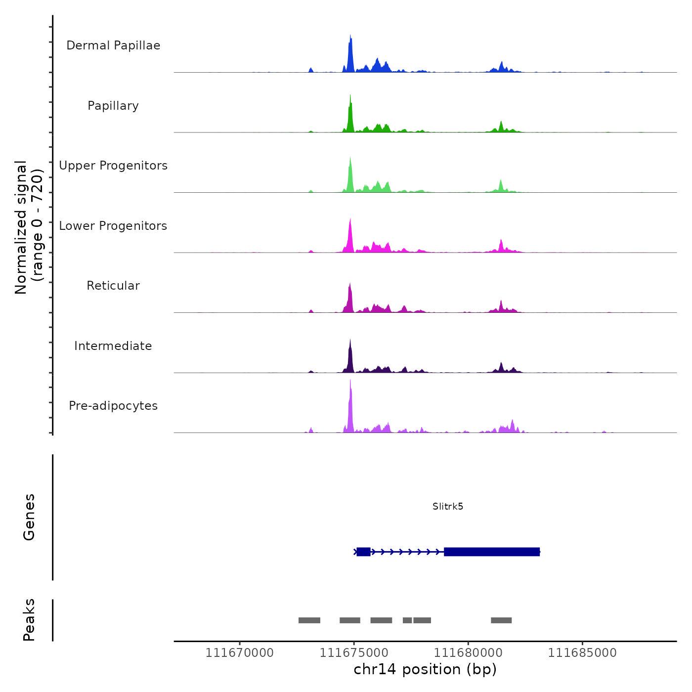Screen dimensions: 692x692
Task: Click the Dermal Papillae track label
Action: click(113, 45)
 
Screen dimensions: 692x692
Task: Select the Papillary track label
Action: click(113, 106)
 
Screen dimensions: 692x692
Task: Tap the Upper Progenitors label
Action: click(113, 166)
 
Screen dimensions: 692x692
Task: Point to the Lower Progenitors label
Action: click(113, 226)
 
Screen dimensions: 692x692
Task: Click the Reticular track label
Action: click(113, 286)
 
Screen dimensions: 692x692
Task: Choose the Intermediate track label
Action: click(113, 346)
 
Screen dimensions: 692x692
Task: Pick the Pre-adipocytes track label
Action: click(113, 406)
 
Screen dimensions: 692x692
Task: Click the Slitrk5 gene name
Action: click(448, 506)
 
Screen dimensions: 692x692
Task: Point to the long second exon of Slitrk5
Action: click(491, 552)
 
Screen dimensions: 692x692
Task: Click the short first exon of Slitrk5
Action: click(363, 552)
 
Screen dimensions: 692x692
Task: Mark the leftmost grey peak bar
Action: click(309, 620)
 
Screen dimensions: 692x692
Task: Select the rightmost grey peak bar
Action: click(501, 620)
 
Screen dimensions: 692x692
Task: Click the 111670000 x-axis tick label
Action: click(239, 653)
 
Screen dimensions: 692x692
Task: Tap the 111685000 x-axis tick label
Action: click(582, 653)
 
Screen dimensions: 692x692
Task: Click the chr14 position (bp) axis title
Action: click(425, 669)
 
